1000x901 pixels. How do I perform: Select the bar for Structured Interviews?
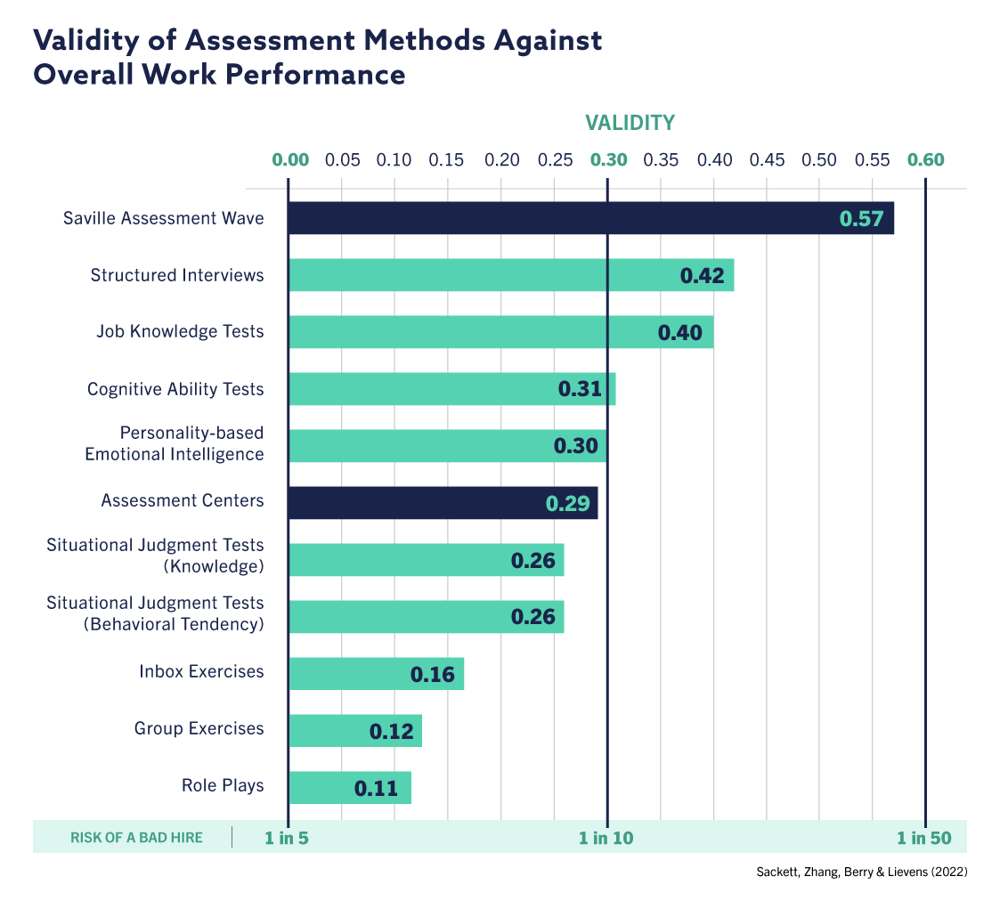[481, 275]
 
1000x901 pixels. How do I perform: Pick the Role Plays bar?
[321, 788]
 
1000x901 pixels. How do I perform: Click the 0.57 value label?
[861, 219]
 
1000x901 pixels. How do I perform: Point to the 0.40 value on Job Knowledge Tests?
[679, 333]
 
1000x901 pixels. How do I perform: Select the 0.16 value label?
[432, 675]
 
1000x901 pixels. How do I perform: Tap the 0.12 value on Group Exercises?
[391, 732]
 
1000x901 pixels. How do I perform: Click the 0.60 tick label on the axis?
[925, 160]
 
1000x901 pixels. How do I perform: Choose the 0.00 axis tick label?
[290, 160]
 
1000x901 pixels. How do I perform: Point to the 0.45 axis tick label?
[767, 160]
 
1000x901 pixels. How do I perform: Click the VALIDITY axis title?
[630, 122]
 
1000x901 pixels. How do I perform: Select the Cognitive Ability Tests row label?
[175, 389]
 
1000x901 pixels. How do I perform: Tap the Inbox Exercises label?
[201, 671]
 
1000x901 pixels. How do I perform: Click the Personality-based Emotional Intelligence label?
[175, 443]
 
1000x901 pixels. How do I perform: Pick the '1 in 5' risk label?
[287, 838]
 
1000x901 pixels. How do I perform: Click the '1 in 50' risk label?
[923, 838]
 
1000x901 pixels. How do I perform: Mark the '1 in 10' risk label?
[606, 838]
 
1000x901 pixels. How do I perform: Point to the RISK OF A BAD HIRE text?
[136, 838]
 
